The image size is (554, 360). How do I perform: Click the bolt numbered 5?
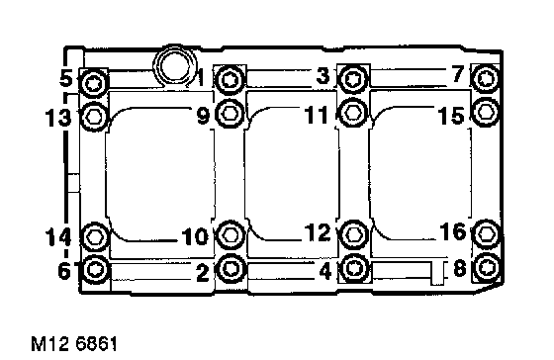(94, 84)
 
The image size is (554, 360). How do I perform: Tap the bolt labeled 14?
(94, 236)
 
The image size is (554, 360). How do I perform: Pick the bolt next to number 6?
(94, 269)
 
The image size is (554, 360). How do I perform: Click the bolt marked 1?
(230, 79)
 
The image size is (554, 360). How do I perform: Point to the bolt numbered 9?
(229, 113)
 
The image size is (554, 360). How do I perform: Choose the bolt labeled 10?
(230, 234)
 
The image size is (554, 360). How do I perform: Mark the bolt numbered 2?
(231, 268)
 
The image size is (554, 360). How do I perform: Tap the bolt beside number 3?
(353, 79)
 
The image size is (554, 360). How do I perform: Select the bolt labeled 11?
(353, 113)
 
